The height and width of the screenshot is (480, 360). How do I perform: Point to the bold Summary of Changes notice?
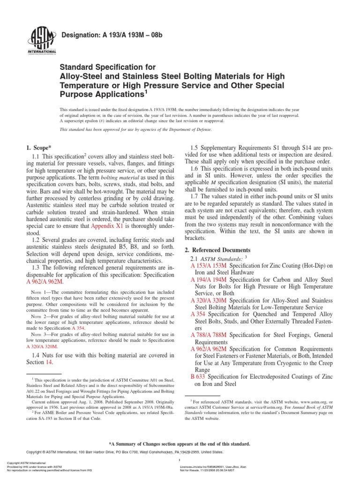180,444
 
